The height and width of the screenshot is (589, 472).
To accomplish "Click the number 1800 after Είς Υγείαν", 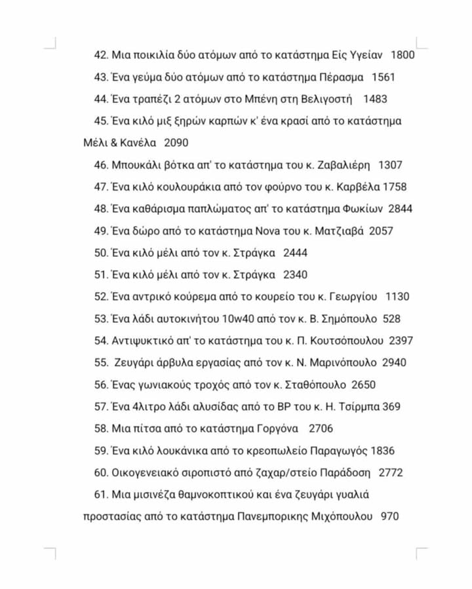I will click(x=403, y=55).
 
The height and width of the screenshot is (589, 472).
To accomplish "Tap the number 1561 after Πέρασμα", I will click(x=383, y=77).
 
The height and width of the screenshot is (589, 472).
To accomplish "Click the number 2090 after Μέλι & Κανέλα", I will click(x=176, y=143).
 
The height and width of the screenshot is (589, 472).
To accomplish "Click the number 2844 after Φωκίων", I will click(x=400, y=209).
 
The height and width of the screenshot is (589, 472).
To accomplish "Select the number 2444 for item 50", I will click(x=295, y=253).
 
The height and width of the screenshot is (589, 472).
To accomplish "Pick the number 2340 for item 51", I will click(x=295, y=275).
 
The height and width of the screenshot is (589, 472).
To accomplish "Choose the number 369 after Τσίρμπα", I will click(x=391, y=407).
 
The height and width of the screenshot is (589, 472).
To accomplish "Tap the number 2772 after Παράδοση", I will click(x=391, y=473).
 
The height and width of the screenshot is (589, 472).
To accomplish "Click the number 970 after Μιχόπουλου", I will click(x=389, y=517).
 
